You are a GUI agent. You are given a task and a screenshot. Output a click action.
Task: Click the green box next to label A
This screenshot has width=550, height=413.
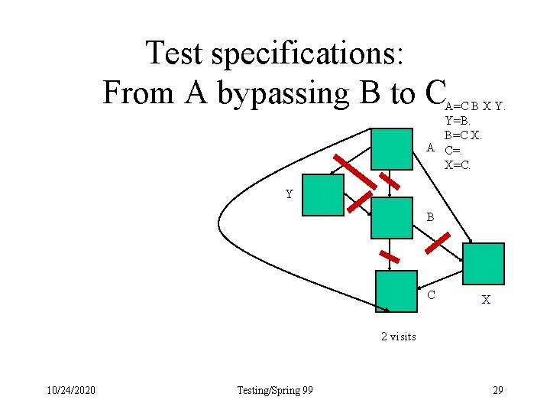[392, 148]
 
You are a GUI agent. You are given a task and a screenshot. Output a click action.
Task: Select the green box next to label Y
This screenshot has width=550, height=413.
[322, 195]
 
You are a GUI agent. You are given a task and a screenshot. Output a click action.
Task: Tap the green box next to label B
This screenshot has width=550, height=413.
[390, 217]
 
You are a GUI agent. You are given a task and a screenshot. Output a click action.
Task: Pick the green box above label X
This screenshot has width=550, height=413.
[484, 264]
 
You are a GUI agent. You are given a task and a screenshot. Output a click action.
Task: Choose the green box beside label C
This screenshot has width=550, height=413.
[396, 291]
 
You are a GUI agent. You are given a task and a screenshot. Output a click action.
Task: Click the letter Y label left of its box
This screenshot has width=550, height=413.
[290, 194]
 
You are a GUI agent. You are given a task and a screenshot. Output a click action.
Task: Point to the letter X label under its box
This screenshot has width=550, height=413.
[486, 301]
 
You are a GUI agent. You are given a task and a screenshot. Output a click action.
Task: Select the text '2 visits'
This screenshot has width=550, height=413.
[399, 337]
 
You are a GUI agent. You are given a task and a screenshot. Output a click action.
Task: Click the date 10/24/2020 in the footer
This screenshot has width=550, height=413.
[69, 391]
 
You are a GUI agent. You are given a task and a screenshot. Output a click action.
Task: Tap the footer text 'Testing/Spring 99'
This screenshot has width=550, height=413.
[275, 391]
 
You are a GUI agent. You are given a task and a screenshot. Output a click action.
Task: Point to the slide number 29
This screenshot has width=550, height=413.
[497, 391]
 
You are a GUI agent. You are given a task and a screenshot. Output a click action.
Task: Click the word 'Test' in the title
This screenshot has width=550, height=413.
[174, 53]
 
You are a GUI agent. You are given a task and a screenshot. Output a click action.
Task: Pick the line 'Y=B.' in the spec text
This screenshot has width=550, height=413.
[458, 120]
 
